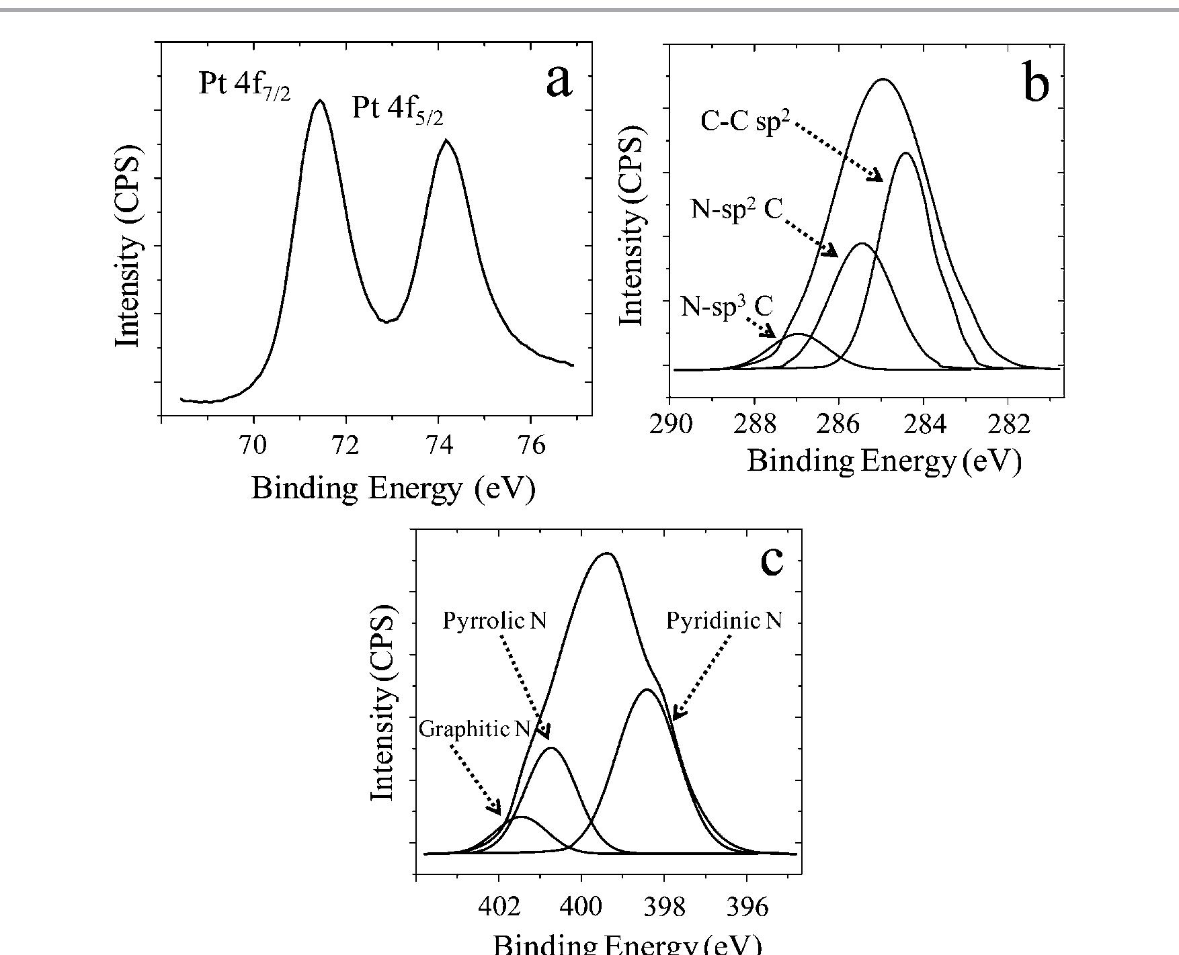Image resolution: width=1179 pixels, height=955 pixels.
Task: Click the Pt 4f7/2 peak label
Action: [x=245, y=86]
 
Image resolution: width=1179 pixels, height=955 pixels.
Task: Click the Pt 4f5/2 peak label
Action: [x=398, y=109]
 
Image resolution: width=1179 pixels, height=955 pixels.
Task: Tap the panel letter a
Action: [x=559, y=82]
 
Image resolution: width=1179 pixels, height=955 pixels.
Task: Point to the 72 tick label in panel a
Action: [x=346, y=445]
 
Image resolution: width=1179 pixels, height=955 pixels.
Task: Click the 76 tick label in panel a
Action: [x=532, y=445]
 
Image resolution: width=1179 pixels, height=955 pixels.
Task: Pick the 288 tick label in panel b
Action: [x=755, y=424]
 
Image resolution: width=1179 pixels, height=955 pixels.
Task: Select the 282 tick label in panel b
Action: [x=1008, y=424]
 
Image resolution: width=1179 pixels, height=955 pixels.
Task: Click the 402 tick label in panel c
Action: [x=499, y=907]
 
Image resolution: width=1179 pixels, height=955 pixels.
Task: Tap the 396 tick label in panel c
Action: [x=747, y=907]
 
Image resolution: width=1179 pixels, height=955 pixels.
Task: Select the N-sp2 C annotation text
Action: [x=737, y=210]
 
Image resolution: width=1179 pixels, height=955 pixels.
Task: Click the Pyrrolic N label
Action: [x=495, y=621]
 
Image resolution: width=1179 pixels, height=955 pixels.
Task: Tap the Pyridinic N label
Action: [x=724, y=621]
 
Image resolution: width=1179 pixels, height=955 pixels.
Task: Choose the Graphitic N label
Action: [x=475, y=729]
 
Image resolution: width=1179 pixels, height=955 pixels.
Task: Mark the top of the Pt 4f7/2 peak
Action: [x=320, y=101]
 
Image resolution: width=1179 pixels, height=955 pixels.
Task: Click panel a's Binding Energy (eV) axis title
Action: [x=393, y=488]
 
